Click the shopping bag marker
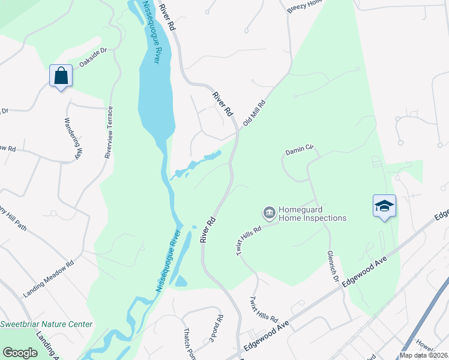(x=61, y=76)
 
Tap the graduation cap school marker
(x=384, y=206)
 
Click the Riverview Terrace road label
(x=109, y=132)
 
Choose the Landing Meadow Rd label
(x=48, y=280)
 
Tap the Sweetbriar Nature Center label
(x=46, y=325)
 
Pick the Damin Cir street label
(x=300, y=150)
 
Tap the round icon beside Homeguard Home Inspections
(x=269, y=213)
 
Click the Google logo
(x=20, y=353)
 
